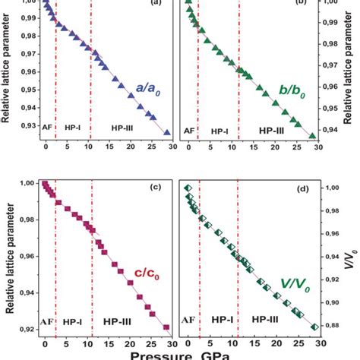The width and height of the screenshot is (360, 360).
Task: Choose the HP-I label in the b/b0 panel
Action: coord(219,131)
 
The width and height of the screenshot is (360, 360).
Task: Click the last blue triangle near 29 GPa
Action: coord(167,132)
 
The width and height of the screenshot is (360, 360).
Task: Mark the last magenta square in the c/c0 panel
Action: coord(166,327)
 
